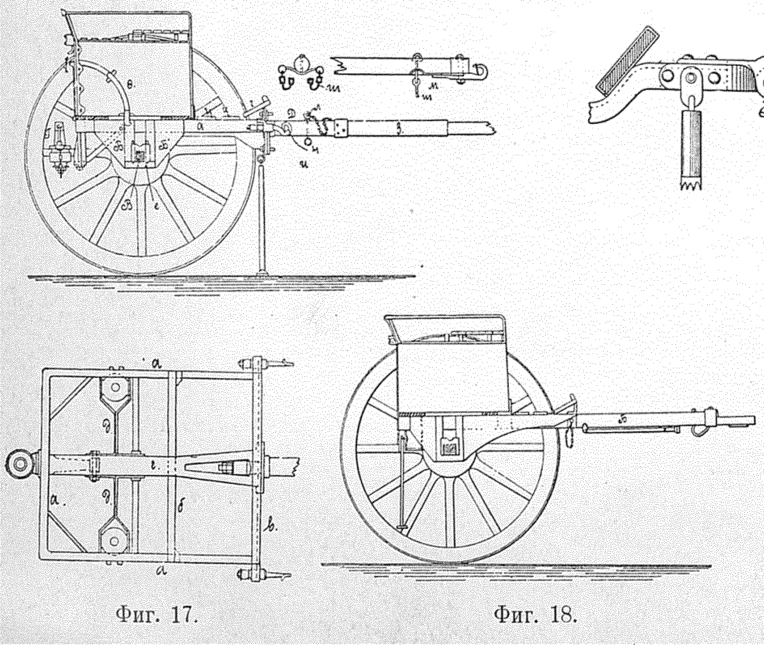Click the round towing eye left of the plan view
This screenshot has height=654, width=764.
click(x=21, y=464)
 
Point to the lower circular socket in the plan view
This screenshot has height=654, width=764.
click(x=114, y=541)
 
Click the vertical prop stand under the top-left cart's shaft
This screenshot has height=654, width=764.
click(x=262, y=215)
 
